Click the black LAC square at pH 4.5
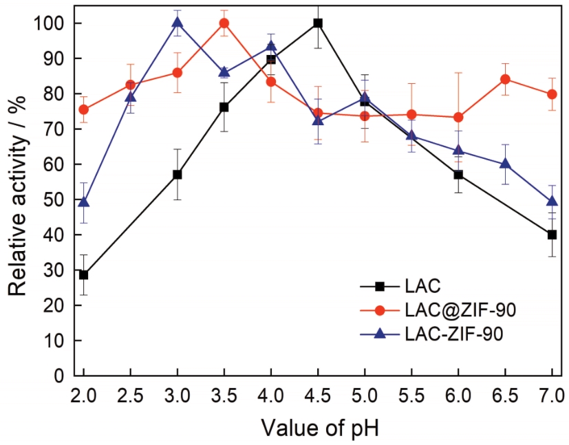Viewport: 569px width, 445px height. click(318, 23)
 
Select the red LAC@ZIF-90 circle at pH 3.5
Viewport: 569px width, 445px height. click(224, 23)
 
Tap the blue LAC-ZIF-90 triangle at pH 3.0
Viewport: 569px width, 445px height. click(178, 23)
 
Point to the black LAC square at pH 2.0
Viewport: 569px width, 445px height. click(84, 274)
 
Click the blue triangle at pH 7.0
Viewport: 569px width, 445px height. click(552, 201)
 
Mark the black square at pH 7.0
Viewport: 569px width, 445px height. click(552, 235)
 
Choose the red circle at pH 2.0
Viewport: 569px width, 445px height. click(84, 109)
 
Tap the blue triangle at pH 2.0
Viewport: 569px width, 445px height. click(84, 202)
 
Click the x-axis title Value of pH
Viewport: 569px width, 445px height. click(319, 428)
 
